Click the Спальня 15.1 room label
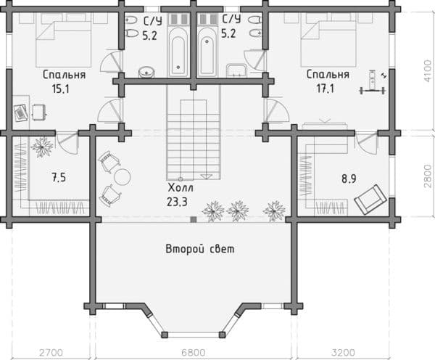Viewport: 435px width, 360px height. (64, 81)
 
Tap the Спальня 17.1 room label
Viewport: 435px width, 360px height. (328, 81)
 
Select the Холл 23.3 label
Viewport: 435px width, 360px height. (178, 194)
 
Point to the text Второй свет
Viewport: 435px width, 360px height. (200, 248)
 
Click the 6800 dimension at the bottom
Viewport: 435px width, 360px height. (192, 352)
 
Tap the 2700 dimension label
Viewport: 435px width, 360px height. (49, 352)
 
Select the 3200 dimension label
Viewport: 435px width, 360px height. (344, 352)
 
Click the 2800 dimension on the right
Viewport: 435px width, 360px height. (427, 176)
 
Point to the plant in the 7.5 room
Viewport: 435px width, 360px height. (43, 146)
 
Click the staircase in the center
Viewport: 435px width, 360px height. (192, 134)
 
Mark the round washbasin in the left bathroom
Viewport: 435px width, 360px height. (146, 70)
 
